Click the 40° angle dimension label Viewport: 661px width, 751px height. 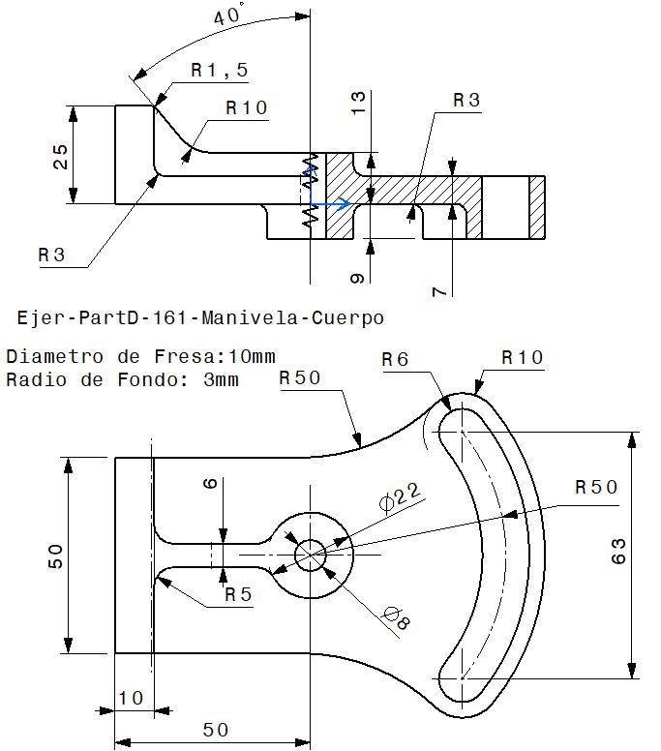[229, 15]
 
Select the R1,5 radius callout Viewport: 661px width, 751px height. [220, 70]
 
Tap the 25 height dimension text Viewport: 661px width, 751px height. [61, 156]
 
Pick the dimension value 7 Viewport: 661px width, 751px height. [441, 289]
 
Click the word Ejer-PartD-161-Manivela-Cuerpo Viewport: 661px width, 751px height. [201, 317]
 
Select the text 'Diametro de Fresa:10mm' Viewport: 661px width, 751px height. [140, 357]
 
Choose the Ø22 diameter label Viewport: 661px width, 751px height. [400, 499]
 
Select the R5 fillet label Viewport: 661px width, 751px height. [236, 594]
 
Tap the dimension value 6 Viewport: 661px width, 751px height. [210, 485]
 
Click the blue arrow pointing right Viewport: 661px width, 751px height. [337, 204]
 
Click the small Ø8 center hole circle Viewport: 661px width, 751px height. [311, 554]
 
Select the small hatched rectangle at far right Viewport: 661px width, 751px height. [537, 208]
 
